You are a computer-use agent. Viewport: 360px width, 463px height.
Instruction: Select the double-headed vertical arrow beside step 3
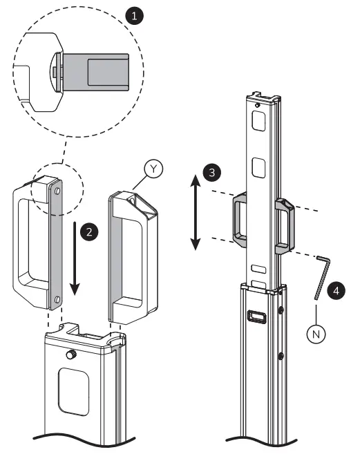[196, 213]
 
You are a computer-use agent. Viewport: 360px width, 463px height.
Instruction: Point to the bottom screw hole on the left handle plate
[57, 299]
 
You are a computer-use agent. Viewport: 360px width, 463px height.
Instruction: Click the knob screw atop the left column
[70, 355]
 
